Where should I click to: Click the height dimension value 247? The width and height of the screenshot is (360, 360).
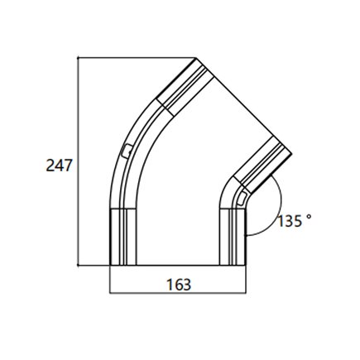(x=58, y=165)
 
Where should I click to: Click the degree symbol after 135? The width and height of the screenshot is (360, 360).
(x=309, y=218)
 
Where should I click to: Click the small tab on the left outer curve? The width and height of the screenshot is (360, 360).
(x=124, y=150)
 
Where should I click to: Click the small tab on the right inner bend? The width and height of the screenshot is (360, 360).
(x=239, y=197)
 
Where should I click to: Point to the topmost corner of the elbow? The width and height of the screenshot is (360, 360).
(x=197, y=58)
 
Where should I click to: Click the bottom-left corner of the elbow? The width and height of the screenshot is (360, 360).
(x=110, y=266)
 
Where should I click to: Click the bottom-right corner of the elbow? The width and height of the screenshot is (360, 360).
(x=245, y=266)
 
